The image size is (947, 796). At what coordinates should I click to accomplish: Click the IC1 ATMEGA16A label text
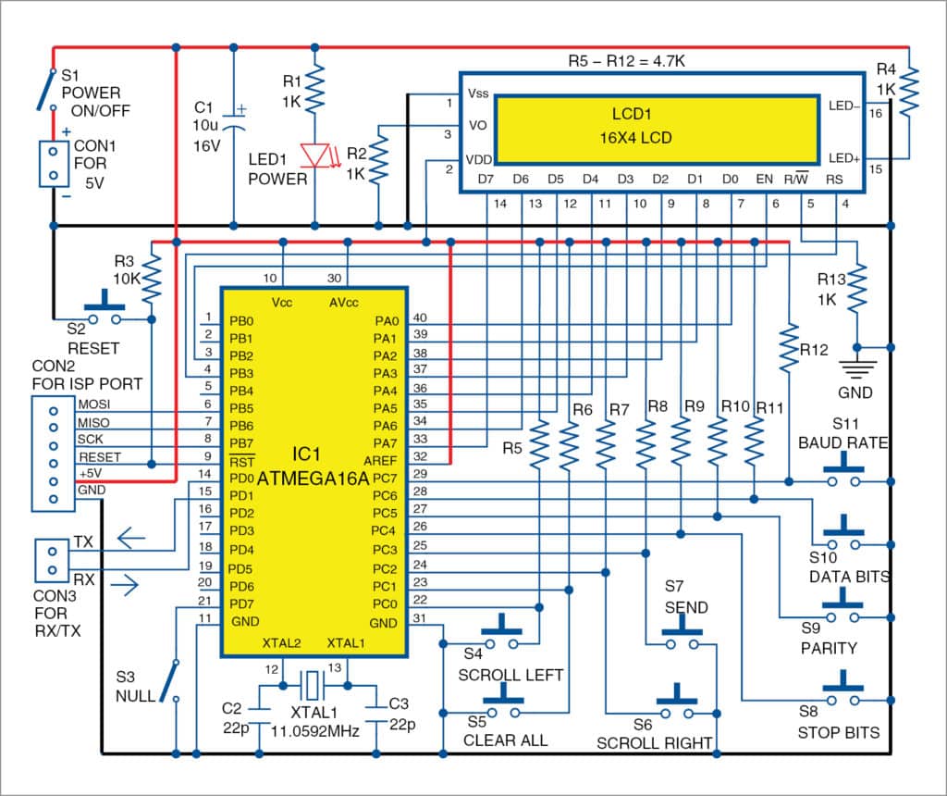click(x=312, y=470)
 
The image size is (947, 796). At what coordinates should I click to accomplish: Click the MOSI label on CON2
click(x=93, y=404)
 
